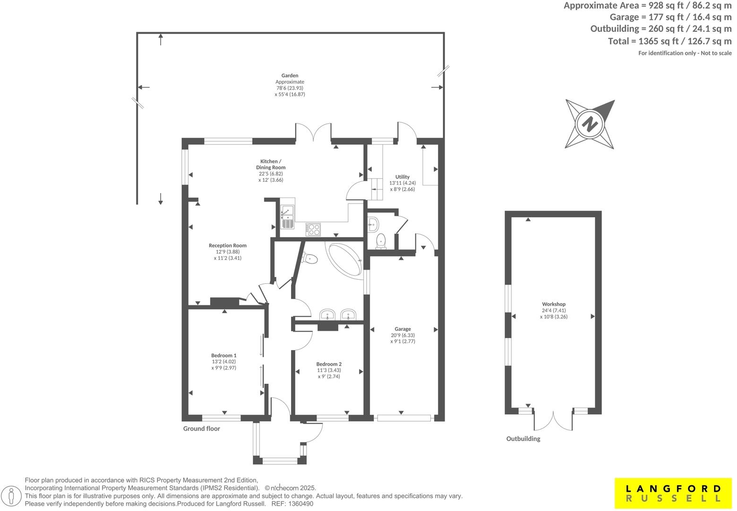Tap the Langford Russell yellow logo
673,493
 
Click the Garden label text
290,75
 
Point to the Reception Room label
228,246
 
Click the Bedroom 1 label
224,355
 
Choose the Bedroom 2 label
329,364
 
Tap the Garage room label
403,329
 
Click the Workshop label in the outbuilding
554,304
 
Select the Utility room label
403,177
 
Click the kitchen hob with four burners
313,229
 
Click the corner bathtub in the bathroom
345,260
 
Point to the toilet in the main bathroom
310,258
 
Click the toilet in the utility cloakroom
381,241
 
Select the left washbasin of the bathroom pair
327,315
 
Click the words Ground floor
202,429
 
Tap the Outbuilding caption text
523,439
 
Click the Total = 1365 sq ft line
669,41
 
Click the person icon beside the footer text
13,496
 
